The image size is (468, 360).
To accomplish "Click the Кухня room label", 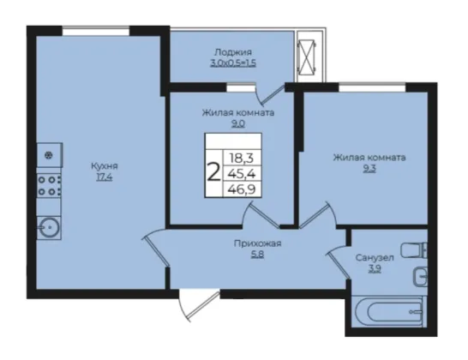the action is coord(105,166).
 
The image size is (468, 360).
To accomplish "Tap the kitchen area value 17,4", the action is coord(105,177).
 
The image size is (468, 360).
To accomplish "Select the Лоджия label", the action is coord(233,52).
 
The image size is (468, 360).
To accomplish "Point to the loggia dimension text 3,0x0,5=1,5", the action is coord(233,63).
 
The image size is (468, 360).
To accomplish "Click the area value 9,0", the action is coord(238,123).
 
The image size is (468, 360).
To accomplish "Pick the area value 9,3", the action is coord(369,169).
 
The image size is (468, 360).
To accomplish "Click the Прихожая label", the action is coord(257,244).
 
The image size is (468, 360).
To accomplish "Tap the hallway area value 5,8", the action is coord(257,255).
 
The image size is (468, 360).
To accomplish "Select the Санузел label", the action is coord(375,258).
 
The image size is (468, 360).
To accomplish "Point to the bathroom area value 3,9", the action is coord(375,269).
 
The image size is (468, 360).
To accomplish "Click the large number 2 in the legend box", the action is coord(213,172).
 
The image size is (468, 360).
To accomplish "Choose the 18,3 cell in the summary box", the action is coord(241,158).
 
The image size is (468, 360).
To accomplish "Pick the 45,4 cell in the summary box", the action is coord(242,173).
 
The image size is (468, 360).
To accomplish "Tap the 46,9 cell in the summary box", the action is coord(242,189).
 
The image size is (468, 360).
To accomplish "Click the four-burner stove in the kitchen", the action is coord(49,186).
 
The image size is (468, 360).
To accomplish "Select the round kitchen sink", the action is coord(49,227).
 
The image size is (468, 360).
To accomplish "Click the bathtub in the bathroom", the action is coord(389,311).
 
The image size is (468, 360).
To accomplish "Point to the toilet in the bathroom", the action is coord(414,250).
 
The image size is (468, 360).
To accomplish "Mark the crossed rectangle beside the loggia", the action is coord(307,56).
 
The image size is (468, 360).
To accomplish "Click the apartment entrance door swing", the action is coord(199,305).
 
